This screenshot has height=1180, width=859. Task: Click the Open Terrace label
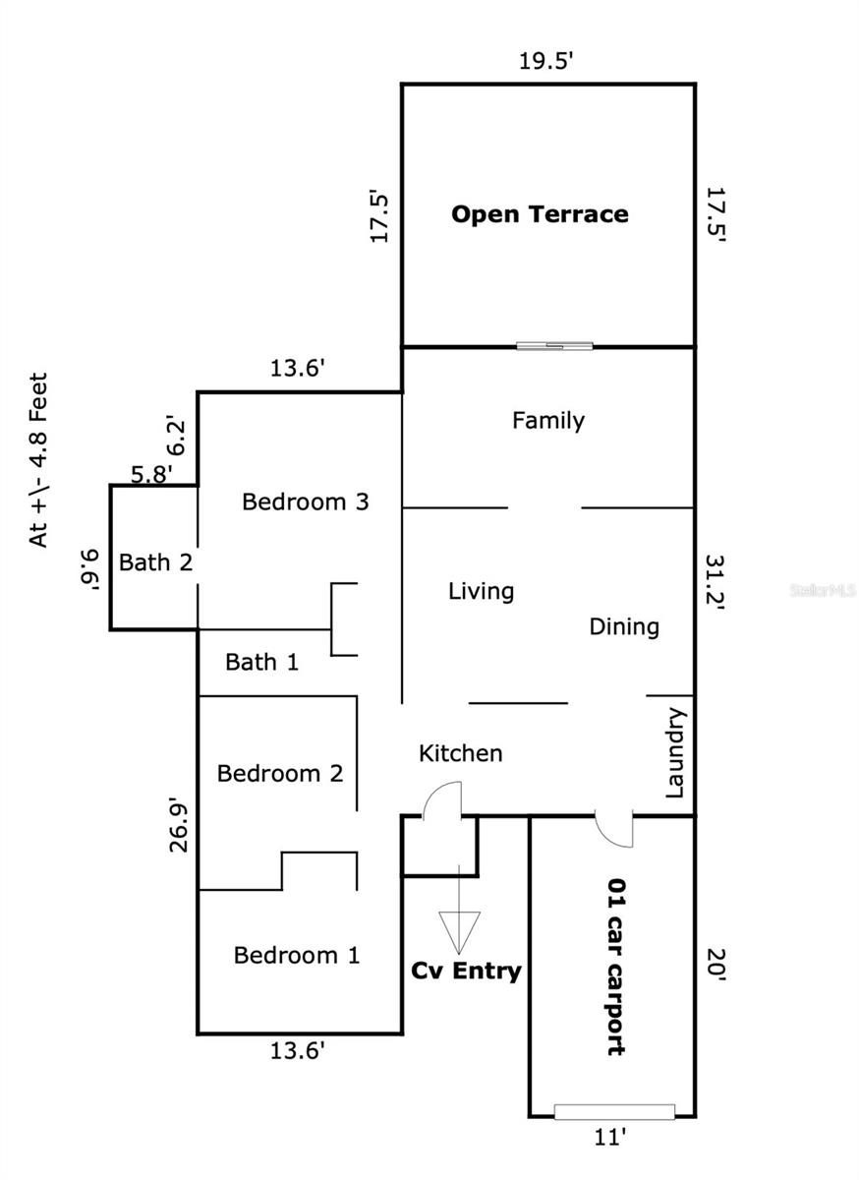coord(540,214)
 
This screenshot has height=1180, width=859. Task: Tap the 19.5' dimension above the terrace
coord(546,61)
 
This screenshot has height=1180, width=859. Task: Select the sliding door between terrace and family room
coord(554,346)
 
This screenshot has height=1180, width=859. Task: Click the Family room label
coord(548,421)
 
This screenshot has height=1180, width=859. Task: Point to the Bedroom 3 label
coord(306,501)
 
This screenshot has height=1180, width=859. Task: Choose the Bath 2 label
coord(155,562)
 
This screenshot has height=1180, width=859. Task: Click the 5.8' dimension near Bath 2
coord(151,474)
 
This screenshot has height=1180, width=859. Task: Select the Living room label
coord(481,592)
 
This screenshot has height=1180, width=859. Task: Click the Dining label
coord(624,627)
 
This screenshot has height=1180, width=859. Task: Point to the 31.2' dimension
coord(716,581)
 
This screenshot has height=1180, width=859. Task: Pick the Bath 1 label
coord(261,662)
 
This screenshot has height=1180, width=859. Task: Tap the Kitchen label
coord(460,753)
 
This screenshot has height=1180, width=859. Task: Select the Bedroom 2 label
coord(280,773)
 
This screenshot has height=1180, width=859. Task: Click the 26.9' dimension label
coord(179,827)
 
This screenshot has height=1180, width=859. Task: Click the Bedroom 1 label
coord(297,955)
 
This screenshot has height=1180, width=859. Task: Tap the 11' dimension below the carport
coord(610,1138)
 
